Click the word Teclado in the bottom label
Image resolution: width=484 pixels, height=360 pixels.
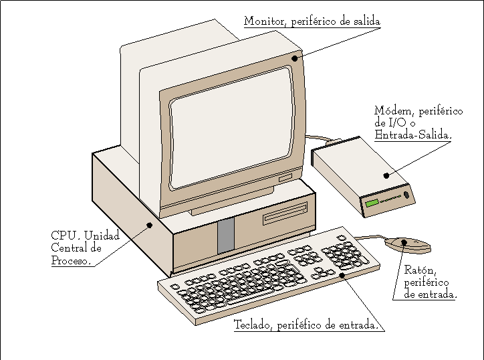coord(252,326)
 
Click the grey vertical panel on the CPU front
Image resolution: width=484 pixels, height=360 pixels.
coord(226,235)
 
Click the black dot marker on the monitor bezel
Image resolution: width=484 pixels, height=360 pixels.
coord(294,59)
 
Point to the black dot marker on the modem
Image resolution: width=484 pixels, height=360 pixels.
coord(386,176)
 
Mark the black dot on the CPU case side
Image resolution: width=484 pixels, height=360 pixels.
coord(150,226)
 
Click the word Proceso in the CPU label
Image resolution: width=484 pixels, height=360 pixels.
coord(70,260)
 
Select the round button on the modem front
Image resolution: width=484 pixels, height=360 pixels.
coord(406,195)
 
